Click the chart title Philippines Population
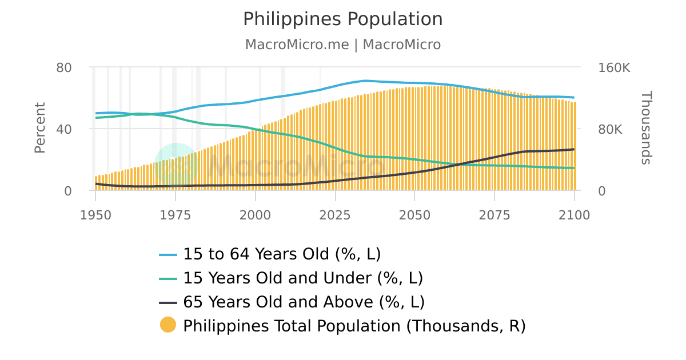click(x=342, y=19)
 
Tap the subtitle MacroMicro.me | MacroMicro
click(x=342, y=45)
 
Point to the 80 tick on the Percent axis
click(x=64, y=67)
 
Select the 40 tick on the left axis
click(x=64, y=129)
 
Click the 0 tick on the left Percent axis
click(x=68, y=191)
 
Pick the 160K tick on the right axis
click(x=614, y=67)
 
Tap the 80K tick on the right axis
click(x=610, y=129)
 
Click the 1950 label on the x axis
click(x=95, y=215)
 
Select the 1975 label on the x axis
click(x=176, y=215)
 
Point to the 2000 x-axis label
click(x=255, y=215)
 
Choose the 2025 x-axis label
click(x=335, y=215)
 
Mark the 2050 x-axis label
click(x=414, y=215)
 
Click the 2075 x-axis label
click(x=494, y=215)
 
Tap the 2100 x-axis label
click(x=574, y=215)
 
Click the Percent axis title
click(x=39, y=128)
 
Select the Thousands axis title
click(x=645, y=128)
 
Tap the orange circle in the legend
click(x=168, y=325)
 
